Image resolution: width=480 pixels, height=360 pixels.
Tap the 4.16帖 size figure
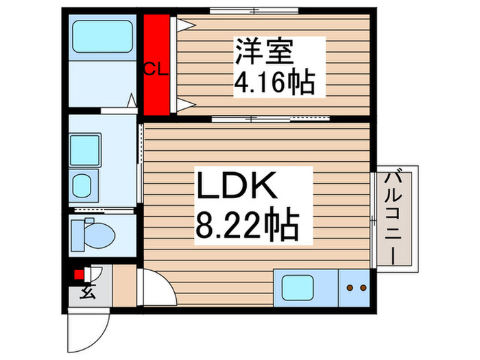274,83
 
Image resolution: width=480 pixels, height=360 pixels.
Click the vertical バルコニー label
396,217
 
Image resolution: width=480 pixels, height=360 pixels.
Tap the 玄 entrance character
88,293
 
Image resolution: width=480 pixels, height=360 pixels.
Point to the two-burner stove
355,289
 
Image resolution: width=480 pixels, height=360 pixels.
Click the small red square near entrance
79,276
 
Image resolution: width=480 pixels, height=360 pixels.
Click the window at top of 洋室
254,10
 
